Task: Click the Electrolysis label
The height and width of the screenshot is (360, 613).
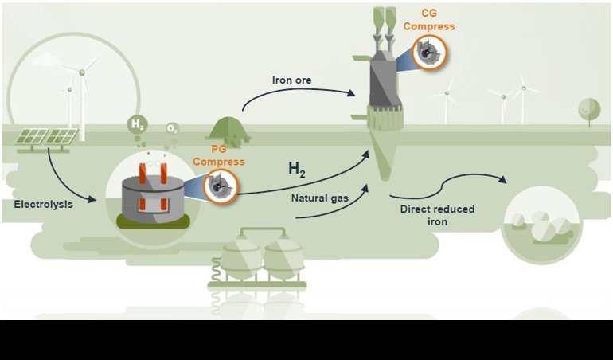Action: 43,205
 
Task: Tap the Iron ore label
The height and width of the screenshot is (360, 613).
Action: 293,80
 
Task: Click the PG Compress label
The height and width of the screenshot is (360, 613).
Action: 218,155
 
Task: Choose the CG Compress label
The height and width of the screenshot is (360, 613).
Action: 429,20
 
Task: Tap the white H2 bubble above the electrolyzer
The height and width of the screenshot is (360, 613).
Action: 137,124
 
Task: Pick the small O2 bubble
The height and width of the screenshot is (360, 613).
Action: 172,128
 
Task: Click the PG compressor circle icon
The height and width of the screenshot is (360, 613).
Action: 218,188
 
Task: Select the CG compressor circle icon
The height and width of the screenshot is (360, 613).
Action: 430,53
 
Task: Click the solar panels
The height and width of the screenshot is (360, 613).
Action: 46,137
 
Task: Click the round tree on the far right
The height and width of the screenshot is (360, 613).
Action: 589,108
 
